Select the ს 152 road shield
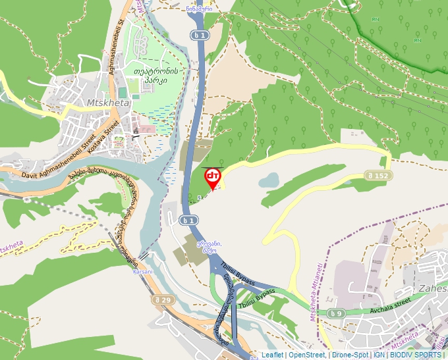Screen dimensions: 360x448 (x=377, y=175)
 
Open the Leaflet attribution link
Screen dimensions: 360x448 (x=272, y=355)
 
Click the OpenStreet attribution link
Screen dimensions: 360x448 (x=306, y=355)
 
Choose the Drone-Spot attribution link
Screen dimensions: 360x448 (x=350, y=355)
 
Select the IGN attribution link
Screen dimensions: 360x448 (x=379, y=355)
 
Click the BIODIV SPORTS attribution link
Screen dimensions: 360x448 (x=416, y=355)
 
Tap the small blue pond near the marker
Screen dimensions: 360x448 (x=268, y=180)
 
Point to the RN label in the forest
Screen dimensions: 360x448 (x=375, y=20)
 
